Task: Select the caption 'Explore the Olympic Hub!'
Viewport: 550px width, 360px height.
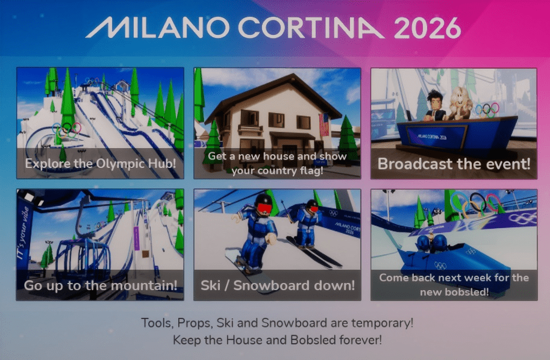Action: point(100,163)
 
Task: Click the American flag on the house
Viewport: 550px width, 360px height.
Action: point(324,125)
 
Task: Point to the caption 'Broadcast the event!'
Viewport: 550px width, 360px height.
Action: point(454,164)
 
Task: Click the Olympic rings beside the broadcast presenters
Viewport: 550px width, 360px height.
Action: point(487,110)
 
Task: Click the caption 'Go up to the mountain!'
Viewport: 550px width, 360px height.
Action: point(100,285)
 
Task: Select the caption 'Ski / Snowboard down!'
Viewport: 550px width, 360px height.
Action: point(278,285)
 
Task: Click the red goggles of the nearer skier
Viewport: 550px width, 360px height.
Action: point(264,208)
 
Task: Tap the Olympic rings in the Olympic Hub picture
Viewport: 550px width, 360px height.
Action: point(66,129)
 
